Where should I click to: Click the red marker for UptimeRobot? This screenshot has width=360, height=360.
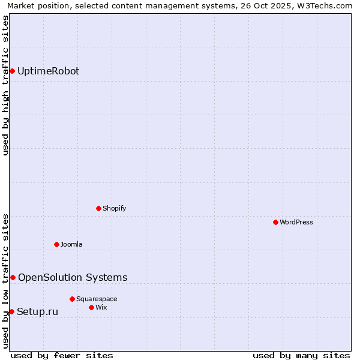tap(12, 71)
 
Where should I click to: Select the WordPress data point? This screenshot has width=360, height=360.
tap(275, 222)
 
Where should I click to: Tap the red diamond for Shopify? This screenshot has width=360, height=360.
tap(98, 208)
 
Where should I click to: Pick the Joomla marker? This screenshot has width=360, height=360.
tap(56, 244)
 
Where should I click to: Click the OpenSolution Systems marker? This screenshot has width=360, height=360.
tap(13, 277)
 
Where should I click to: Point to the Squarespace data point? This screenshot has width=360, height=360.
tap(72, 299)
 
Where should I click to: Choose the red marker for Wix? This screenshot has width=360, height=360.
tap(91, 307)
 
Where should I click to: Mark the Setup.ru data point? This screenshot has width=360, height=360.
tap(11, 311)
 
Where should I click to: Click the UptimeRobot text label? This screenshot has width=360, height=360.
tap(48, 71)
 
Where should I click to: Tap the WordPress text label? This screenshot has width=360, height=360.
tap(296, 222)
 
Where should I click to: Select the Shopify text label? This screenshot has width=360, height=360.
tap(114, 208)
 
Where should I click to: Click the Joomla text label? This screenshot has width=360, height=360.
tap(71, 244)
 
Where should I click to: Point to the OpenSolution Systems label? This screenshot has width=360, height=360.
tap(73, 277)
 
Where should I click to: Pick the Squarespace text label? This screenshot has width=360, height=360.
tap(97, 299)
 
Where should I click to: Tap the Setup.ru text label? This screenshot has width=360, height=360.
tap(37, 311)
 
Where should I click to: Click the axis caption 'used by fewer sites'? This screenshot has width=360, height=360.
tap(62, 355)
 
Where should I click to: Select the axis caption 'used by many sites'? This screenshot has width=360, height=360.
tap(301, 355)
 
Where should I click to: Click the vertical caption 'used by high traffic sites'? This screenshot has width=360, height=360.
tap(5, 85)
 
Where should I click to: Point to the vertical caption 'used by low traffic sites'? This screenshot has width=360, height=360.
tap(5, 281)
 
